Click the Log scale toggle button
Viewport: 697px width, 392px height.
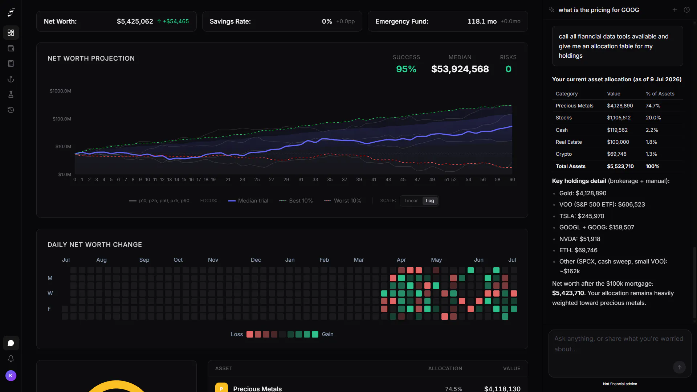[430, 201]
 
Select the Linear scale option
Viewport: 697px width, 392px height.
[411, 201]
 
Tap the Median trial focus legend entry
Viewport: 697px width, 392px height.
[248, 201]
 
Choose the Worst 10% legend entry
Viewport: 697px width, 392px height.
[343, 201]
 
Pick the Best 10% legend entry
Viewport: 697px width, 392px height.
[296, 201]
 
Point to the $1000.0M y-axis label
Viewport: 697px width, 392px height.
[60, 91]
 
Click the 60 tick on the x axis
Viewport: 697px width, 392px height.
[512, 180]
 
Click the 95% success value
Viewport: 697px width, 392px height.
[406, 69]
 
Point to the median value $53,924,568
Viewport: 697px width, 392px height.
[460, 69]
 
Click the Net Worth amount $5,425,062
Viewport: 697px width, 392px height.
[135, 21]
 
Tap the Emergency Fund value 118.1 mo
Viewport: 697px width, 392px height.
[482, 21]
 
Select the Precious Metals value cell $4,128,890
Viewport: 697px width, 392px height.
[620, 106]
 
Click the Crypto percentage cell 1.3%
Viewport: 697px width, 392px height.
[651, 154]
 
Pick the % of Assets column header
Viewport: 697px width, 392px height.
[660, 94]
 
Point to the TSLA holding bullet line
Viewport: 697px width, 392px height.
[582, 216]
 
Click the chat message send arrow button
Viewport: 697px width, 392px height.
[680, 367]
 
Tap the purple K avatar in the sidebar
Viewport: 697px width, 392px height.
[11, 376]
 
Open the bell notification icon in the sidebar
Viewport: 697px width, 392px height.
[11, 359]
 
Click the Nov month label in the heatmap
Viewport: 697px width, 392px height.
[213, 260]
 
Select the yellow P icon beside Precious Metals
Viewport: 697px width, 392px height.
[221, 388]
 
